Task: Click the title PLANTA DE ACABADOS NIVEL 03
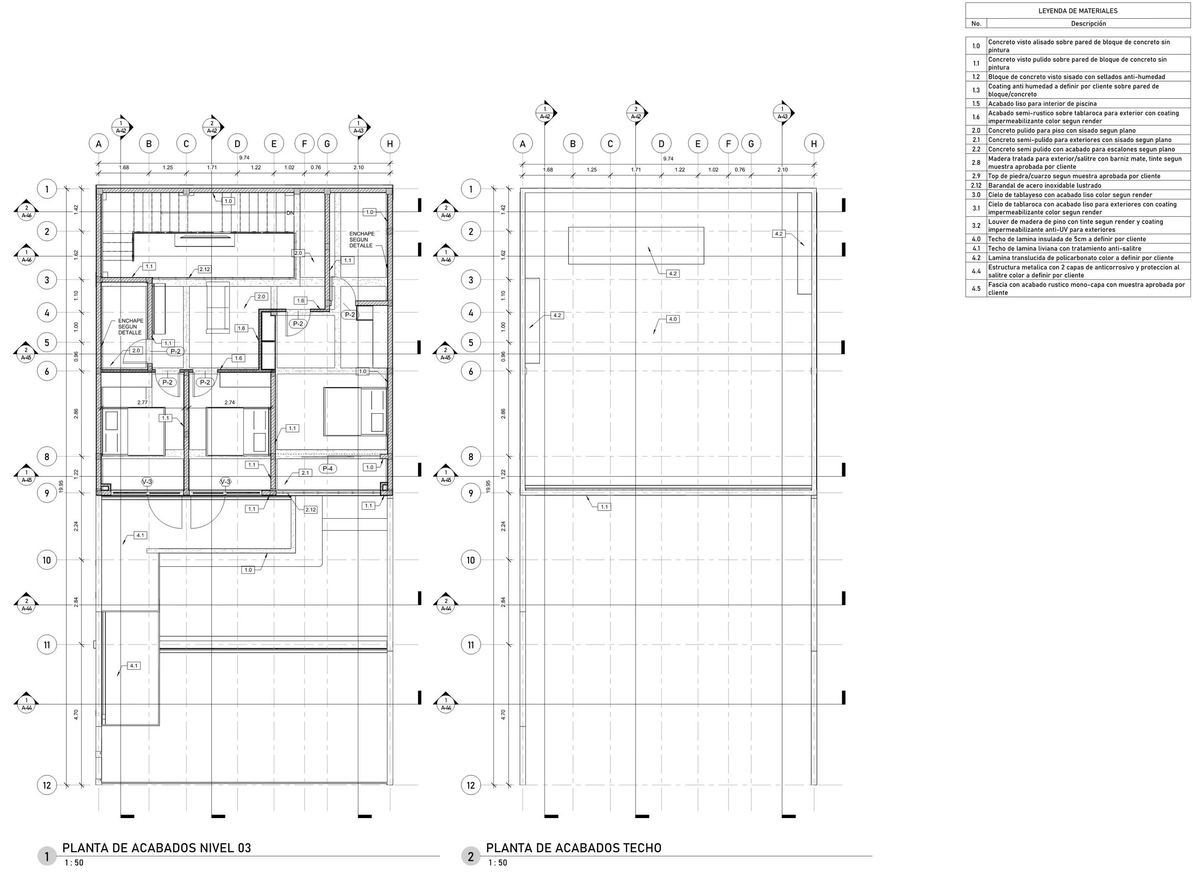tap(157, 848)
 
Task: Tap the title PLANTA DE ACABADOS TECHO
tap(574, 848)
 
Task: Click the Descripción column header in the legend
tap(1088, 23)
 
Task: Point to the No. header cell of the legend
tap(976, 23)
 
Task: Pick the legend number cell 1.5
tap(976, 104)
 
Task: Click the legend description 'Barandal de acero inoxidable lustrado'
tap(1045, 185)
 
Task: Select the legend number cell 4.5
tap(976, 288)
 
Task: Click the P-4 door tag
tap(328, 469)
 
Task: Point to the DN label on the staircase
tap(291, 213)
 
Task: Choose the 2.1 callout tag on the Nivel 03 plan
tap(305, 473)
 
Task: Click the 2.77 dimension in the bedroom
tap(142, 403)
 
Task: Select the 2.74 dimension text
tap(230, 403)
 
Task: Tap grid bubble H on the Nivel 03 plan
tap(390, 143)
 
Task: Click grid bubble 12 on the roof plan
tap(471, 785)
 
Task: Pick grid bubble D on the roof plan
tap(661, 143)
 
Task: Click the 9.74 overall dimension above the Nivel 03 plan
tap(244, 158)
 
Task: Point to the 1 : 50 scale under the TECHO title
tap(498, 863)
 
